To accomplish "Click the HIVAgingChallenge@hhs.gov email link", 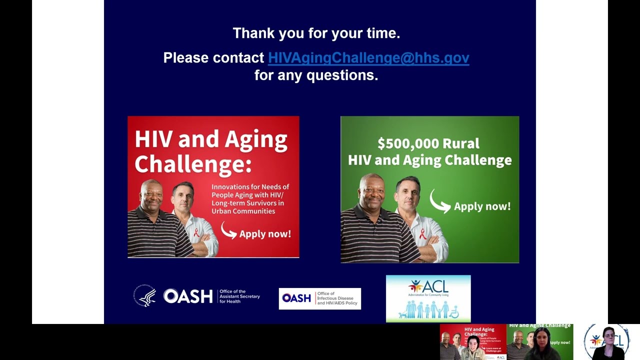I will [368, 58].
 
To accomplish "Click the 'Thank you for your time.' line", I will [316, 33].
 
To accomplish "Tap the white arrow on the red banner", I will [228, 230].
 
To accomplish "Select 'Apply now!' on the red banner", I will [264, 233].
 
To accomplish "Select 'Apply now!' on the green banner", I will [482, 206].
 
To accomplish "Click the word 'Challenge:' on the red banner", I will [192, 164].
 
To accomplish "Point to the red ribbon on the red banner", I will [196, 233].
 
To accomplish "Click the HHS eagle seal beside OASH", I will [144, 295].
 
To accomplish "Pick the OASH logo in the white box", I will [296, 298].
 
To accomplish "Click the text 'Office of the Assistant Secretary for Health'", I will [239, 296].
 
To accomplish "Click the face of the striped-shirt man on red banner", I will [151, 195].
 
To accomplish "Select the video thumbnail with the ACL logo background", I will [606, 342].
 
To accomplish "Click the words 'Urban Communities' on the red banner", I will [243, 211].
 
